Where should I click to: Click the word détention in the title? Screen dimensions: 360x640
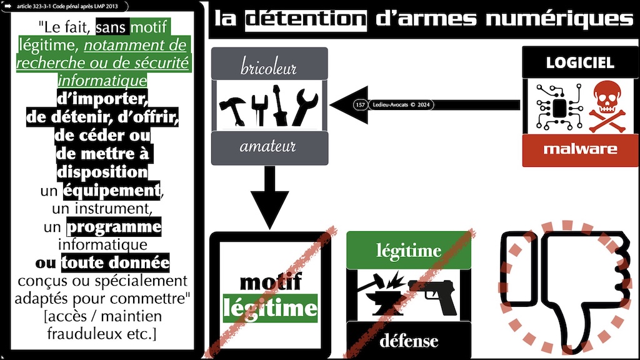coord(305,18)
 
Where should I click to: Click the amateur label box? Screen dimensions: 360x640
coord(269,147)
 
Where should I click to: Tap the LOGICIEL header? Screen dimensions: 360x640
coord(580,62)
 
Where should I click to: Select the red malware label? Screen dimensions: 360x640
coord(580,149)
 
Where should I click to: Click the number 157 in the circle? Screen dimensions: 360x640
coord(359,105)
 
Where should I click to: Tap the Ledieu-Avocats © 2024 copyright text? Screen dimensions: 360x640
coord(401,105)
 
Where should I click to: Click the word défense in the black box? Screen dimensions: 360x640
coord(409,341)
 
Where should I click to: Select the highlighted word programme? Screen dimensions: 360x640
coord(114,226)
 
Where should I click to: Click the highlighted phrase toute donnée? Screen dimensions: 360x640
coord(115,262)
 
